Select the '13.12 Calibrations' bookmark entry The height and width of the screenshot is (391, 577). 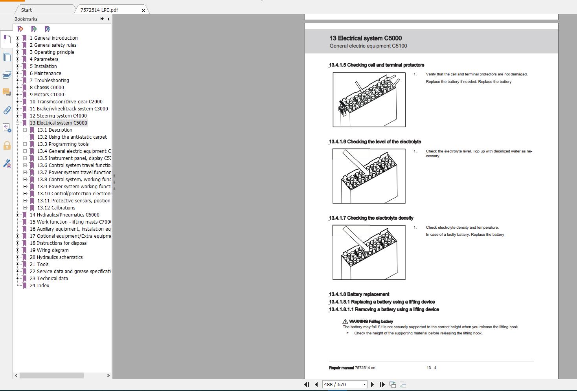point(56,208)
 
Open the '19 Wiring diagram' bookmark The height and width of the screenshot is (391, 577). point(49,250)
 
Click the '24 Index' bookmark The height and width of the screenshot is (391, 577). point(39,286)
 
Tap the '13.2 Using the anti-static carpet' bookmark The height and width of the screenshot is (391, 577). point(72,137)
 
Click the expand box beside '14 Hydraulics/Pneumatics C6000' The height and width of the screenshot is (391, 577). point(17,215)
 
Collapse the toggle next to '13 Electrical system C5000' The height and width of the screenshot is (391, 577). point(17,123)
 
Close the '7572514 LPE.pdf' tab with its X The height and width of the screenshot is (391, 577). point(143,10)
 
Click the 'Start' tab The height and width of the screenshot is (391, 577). point(27,10)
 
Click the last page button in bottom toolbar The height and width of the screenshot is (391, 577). point(382,385)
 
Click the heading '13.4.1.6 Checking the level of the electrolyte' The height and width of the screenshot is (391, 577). point(375,142)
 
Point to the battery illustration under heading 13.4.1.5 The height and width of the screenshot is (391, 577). point(369,100)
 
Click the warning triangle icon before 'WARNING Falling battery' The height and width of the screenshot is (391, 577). point(345,321)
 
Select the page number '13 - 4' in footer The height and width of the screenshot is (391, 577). point(431,368)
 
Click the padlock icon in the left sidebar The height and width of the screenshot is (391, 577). point(7,146)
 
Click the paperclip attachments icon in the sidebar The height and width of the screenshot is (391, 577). point(7,110)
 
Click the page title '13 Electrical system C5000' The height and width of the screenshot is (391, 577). point(366,38)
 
